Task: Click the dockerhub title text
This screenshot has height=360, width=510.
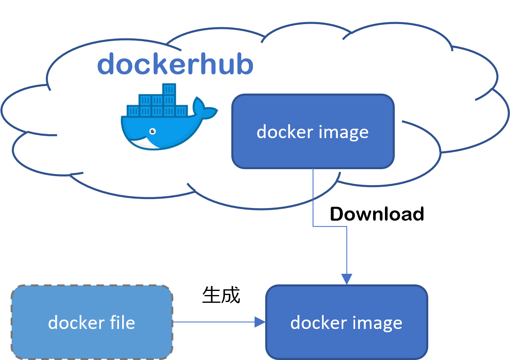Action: [175, 65]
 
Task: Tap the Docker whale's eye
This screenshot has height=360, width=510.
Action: [152, 131]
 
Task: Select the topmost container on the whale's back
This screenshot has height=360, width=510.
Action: [169, 89]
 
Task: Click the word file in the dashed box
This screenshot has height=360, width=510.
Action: [119, 323]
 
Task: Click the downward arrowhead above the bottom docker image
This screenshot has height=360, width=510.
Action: [347, 279]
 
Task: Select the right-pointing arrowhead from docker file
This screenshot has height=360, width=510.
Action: [260, 322]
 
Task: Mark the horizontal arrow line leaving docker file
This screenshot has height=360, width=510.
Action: [212, 322]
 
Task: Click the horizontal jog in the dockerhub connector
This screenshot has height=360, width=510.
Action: [330, 226]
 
